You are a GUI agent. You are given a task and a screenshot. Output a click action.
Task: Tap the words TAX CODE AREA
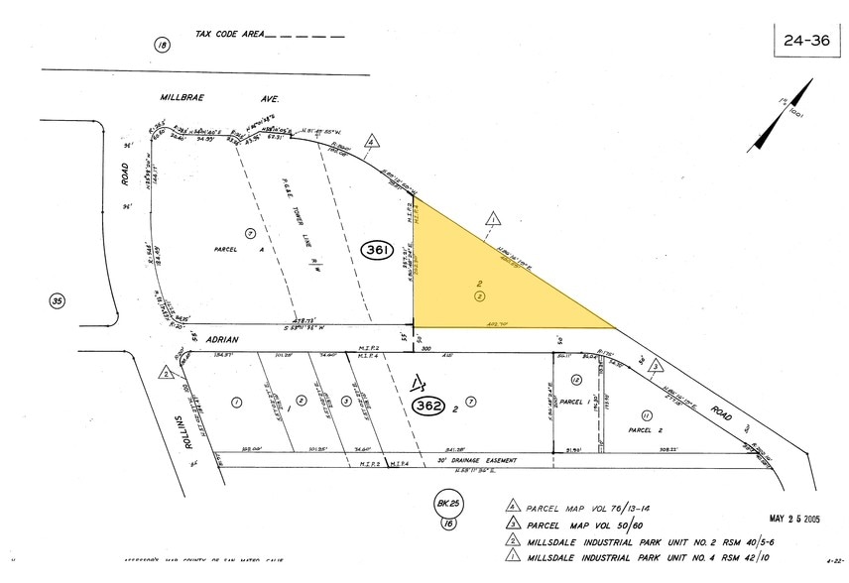(230, 35)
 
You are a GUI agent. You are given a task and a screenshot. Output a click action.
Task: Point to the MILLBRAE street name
(186, 100)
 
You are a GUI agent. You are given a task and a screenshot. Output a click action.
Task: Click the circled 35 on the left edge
(58, 299)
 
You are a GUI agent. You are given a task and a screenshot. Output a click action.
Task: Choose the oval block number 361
(377, 249)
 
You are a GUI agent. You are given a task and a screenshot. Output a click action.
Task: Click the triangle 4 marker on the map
(371, 142)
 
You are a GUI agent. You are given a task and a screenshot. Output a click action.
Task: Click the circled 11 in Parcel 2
(646, 414)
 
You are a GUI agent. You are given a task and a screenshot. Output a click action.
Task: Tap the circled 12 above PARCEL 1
(575, 380)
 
